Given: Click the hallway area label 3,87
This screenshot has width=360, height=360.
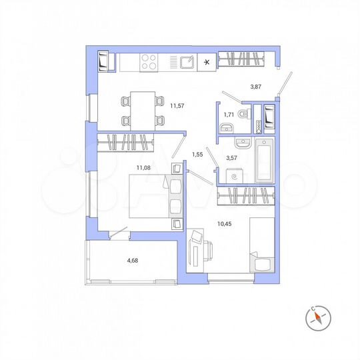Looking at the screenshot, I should tap(256, 87).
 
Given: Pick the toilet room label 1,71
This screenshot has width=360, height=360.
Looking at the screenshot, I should tap(229, 115).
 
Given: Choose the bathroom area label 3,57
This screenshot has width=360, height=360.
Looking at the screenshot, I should tap(232, 159).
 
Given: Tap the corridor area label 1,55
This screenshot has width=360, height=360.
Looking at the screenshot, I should tap(197, 155).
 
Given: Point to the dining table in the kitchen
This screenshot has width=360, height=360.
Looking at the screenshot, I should tap(141, 110).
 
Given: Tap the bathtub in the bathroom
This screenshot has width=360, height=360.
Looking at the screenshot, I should tap(265, 160).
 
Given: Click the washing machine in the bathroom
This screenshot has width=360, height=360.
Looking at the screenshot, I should tap(233, 177).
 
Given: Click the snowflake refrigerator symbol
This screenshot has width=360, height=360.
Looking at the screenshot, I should tap(207, 63).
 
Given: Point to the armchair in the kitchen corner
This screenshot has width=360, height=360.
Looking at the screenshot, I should tap(103, 62).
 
